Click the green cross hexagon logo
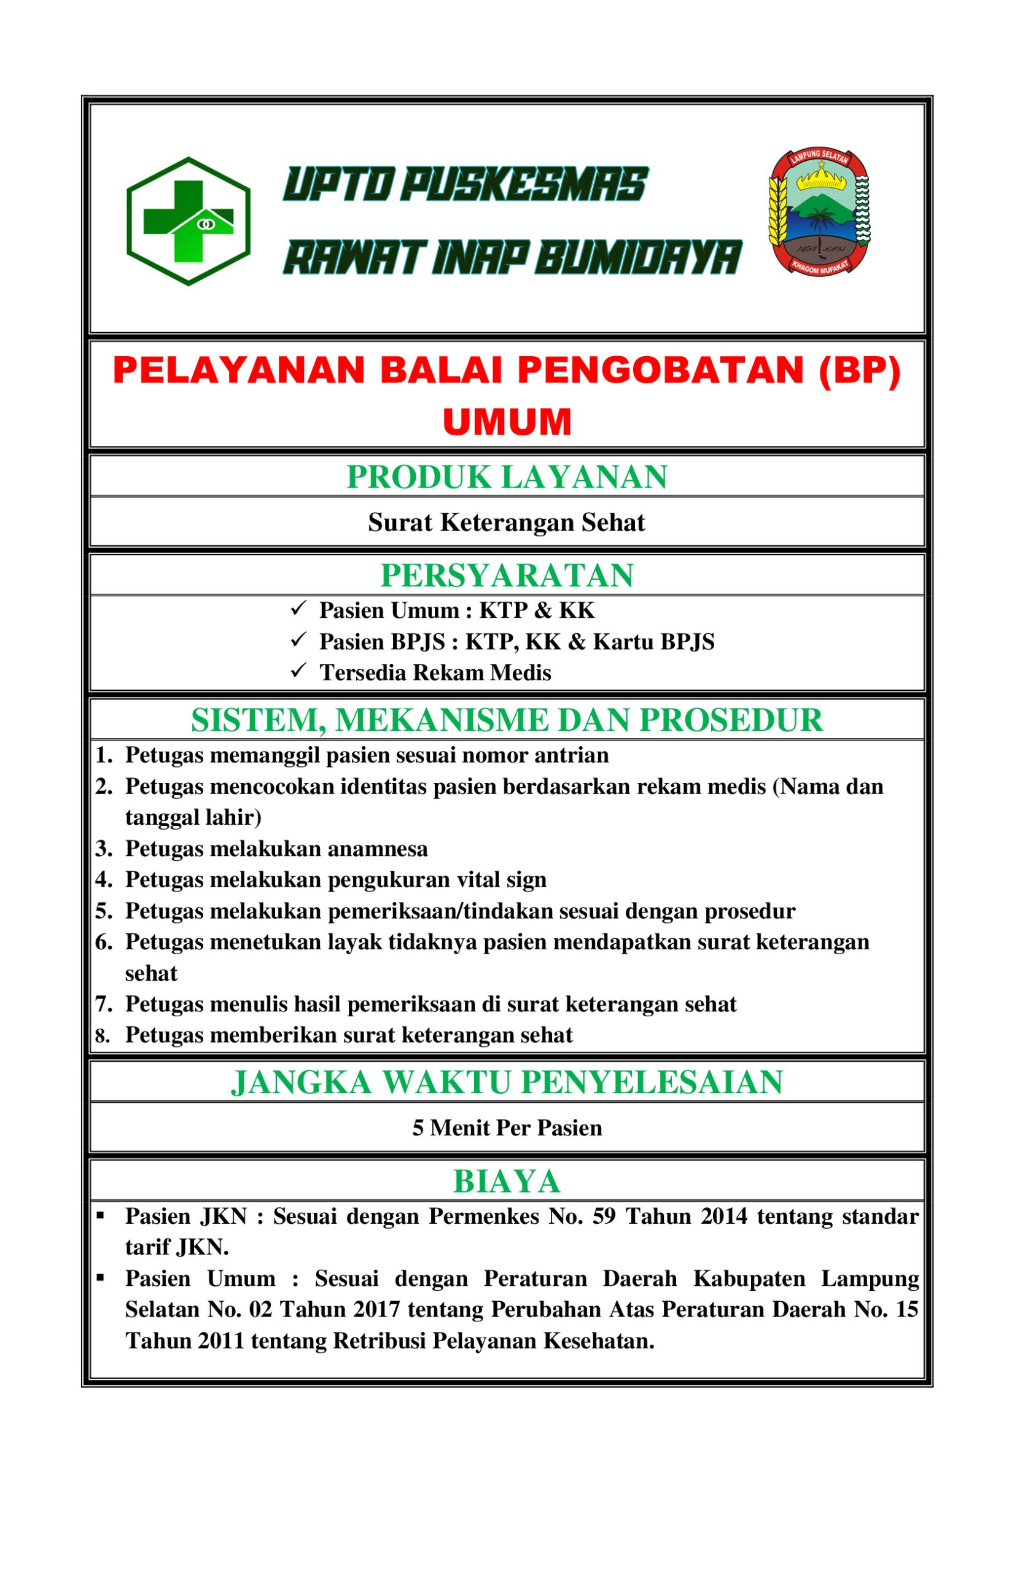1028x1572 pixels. point(189,221)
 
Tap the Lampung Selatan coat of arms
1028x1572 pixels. point(819,211)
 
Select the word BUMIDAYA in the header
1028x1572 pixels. point(637,257)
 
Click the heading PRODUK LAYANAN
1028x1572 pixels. point(507,478)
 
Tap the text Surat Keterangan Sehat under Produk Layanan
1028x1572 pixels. point(507,523)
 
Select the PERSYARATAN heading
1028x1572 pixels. point(507,575)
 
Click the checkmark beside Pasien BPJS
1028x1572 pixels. point(298,639)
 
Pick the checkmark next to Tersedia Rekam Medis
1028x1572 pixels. point(298,671)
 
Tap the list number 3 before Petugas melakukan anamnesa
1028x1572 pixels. point(104,849)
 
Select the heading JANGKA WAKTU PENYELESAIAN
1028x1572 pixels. point(507,1083)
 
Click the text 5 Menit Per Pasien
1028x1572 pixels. point(507,1127)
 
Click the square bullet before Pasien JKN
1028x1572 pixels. point(101,1215)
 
